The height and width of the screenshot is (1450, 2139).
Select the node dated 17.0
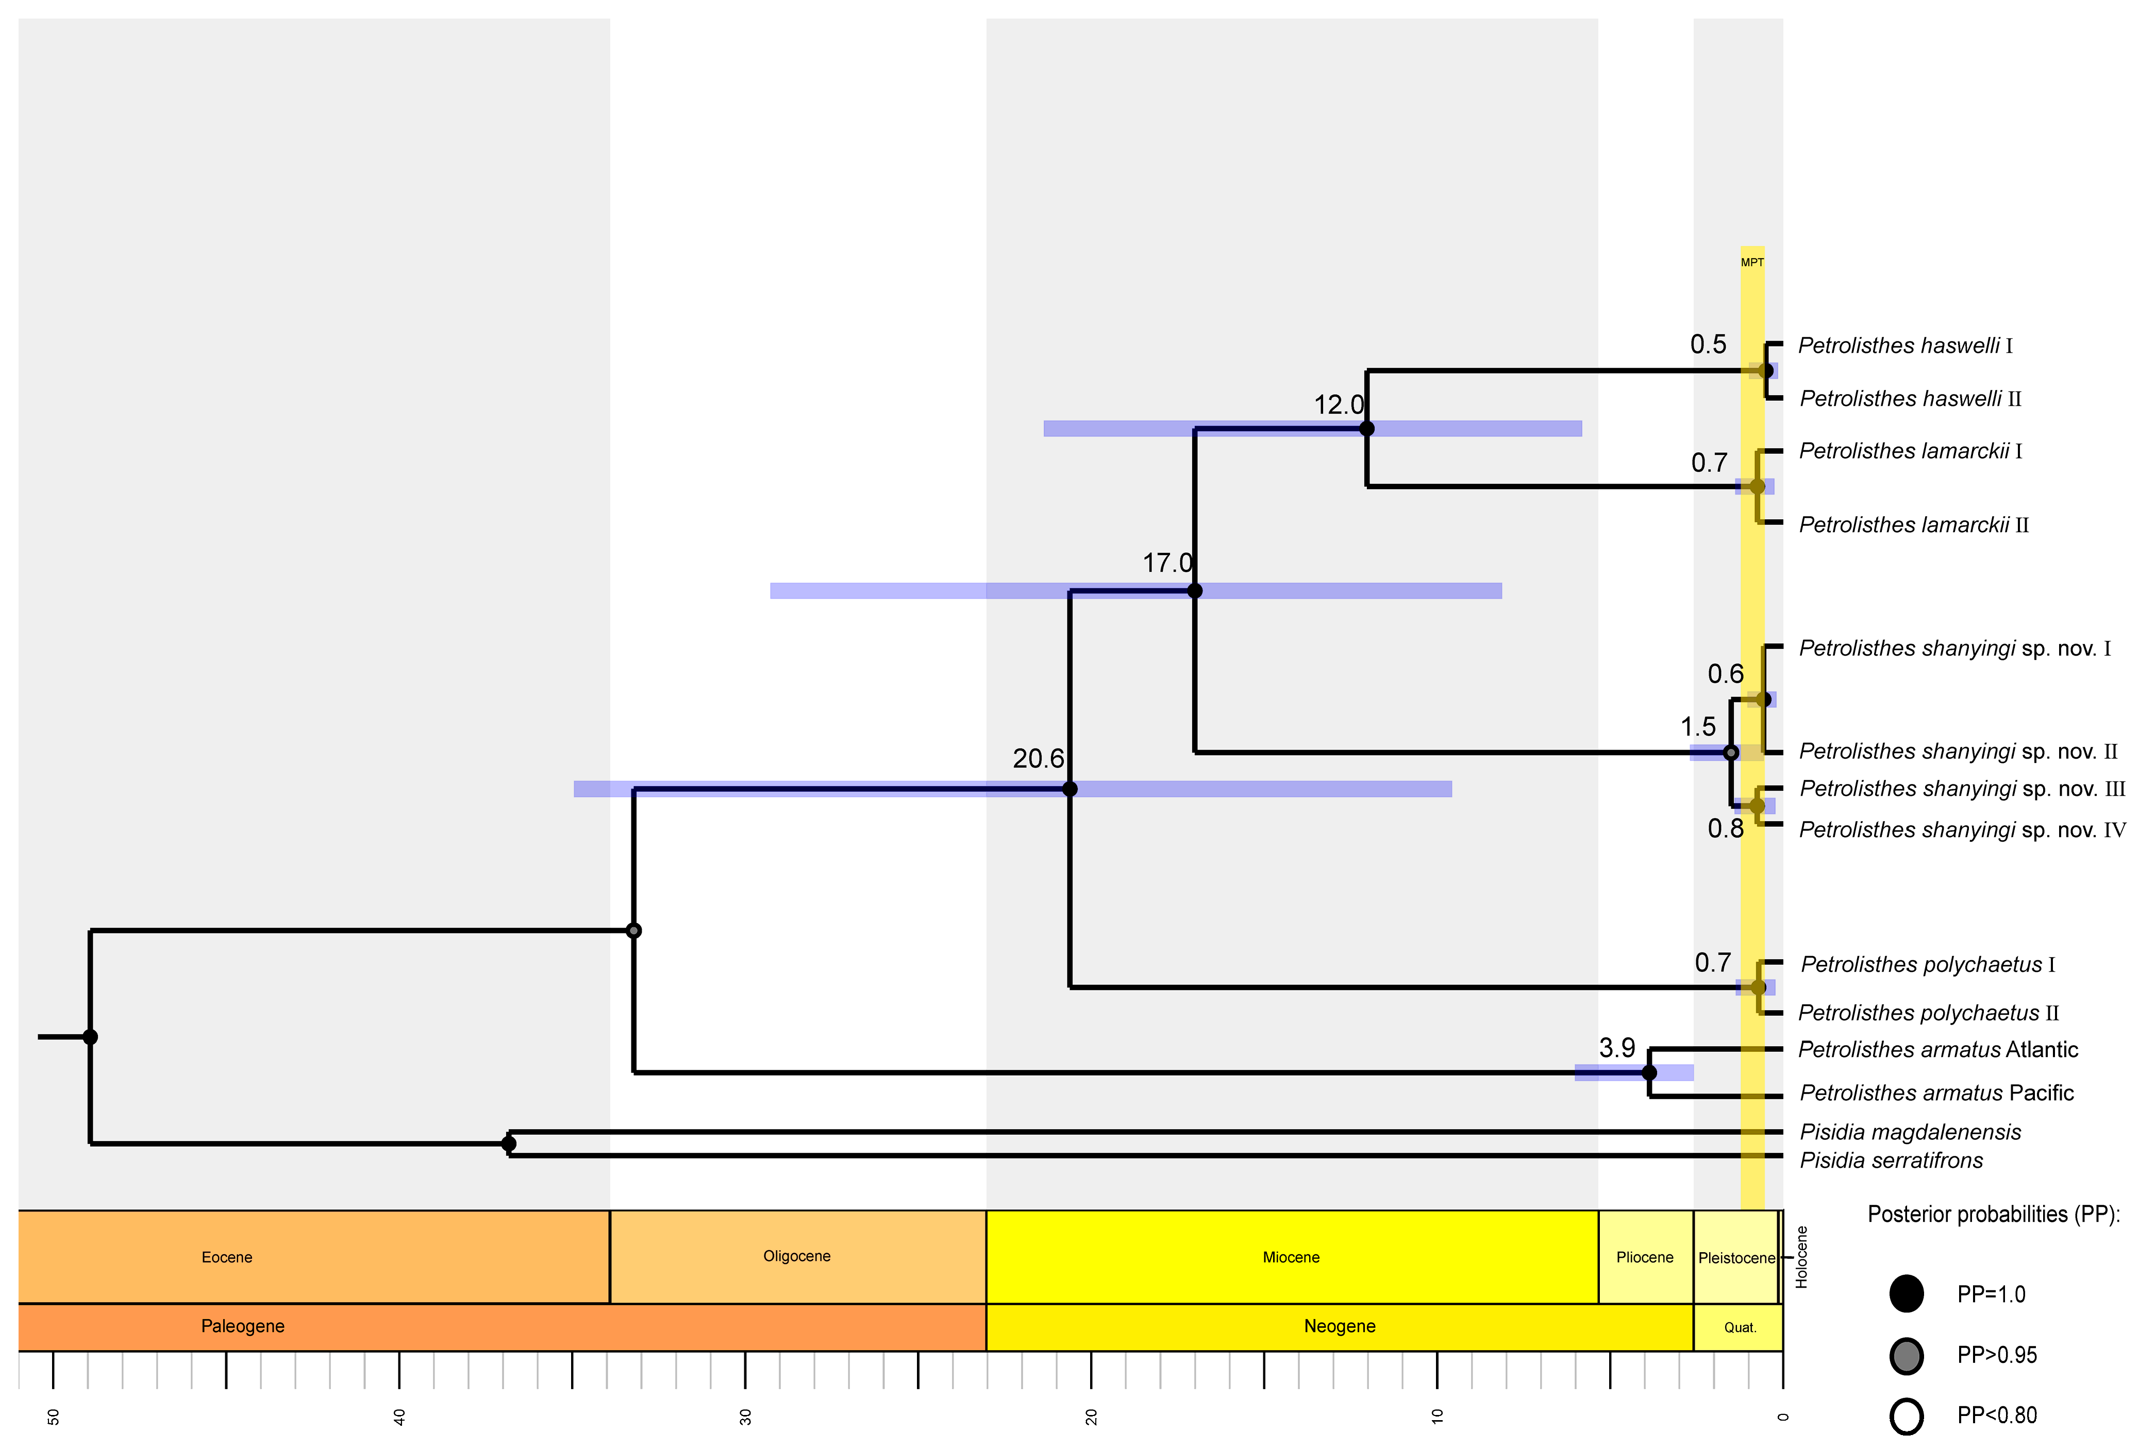1195,591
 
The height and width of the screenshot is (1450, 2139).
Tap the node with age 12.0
1367,429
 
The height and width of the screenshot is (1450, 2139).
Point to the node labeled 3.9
1649,1073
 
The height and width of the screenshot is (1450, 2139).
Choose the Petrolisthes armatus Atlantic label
1937,1050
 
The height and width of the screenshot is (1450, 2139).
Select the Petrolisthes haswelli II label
1910,398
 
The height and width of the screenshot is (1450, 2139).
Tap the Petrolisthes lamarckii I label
1910,451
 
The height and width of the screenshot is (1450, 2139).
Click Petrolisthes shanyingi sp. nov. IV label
1961,830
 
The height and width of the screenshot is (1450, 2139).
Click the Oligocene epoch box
797,1257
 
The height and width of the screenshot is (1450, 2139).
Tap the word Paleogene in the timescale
243,1326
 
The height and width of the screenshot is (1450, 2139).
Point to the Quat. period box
1740,1327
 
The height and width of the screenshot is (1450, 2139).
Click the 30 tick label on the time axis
745,1417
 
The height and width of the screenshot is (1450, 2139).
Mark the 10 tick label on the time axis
1438,1417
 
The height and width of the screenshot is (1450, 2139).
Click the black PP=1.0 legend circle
1906,1293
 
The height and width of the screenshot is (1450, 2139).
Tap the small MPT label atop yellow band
1751,262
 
